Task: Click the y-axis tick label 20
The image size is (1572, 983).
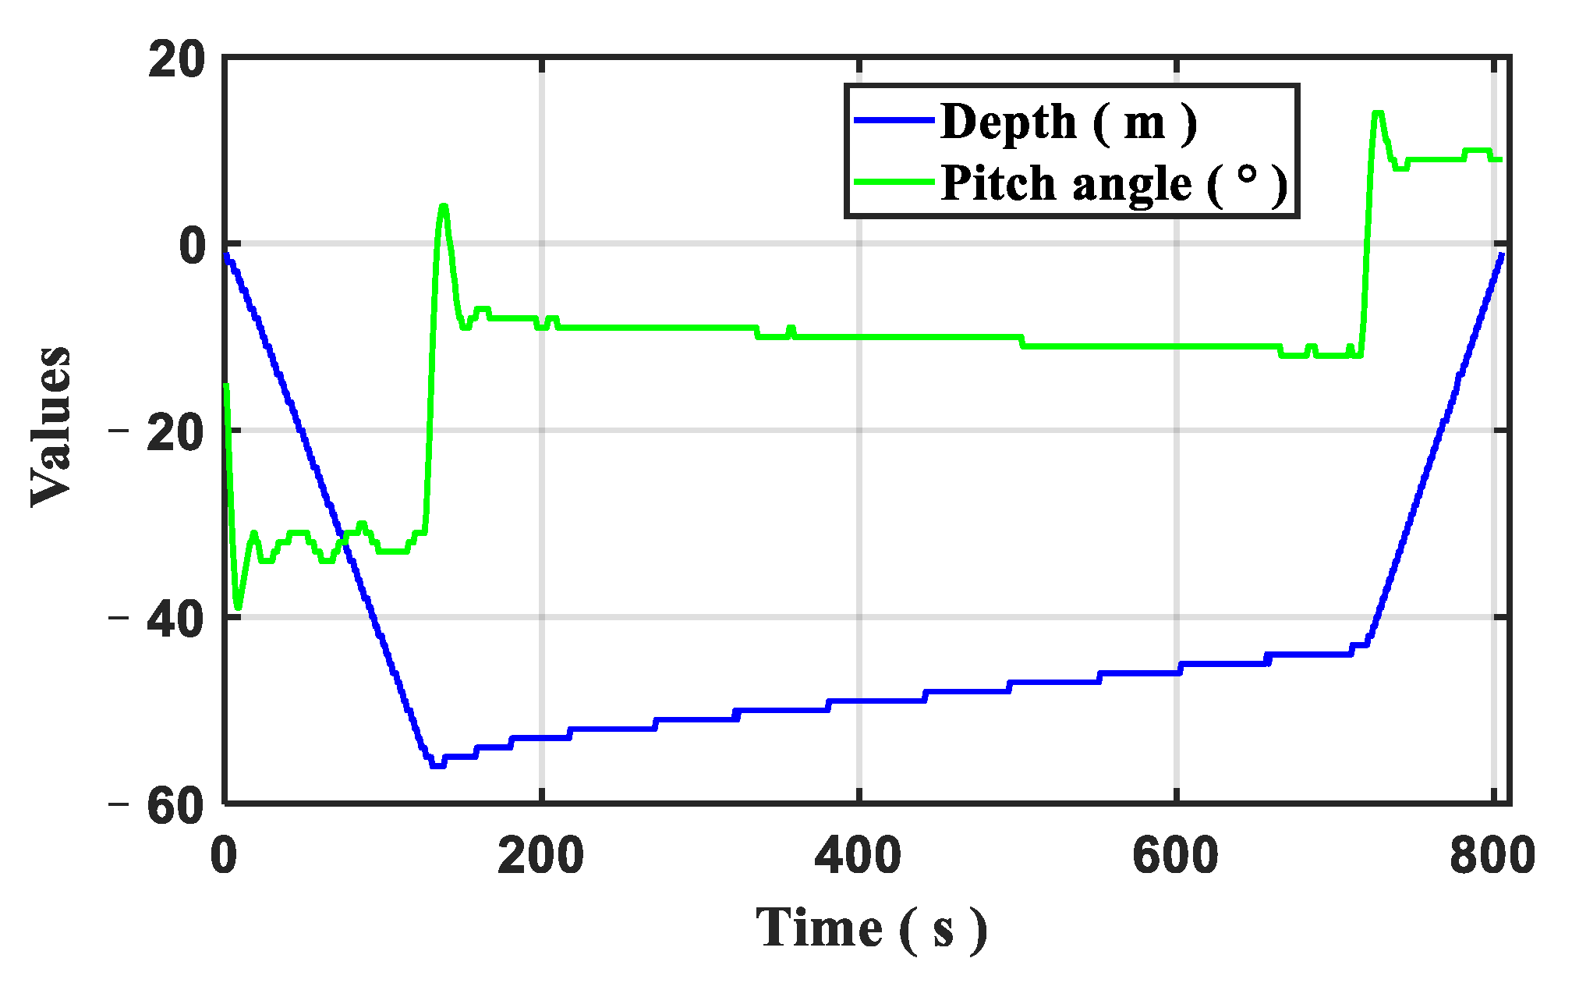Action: pyautogui.click(x=177, y=60)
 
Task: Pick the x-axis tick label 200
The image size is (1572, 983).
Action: pyautogui.click(x=540, y=855)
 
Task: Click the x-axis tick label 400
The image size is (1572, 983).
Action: pyautogui.click(x=858, y=855)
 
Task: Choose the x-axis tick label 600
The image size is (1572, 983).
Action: pyautogui.click(x=1175, y=855)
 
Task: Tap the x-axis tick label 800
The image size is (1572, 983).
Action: pyautogui.click(x=1492, y=855)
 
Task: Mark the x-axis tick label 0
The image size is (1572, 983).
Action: pyautogui.click(x=224, y=855)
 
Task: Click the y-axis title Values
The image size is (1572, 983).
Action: pyautogui.click(x=51, y=428)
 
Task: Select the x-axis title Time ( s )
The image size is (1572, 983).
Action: pyautogui.click(x=871, y=928)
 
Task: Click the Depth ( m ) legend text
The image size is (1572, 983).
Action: pyautogui.click(x=1068, y=122)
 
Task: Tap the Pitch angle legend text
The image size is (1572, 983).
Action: pyautogui.click(x=1113, y=184)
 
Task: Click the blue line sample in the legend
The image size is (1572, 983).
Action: pyautogui.click(x=894, y=120)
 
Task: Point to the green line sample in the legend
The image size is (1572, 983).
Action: pyautogui.click(x=894, y=182)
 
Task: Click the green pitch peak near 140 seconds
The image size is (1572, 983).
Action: pyautogui.click(x=443, y=207)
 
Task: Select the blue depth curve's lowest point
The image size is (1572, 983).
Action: pyautogui.click(x=437, y=765)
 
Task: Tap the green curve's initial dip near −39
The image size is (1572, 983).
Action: pyautogui.click(x=238, y=606)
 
